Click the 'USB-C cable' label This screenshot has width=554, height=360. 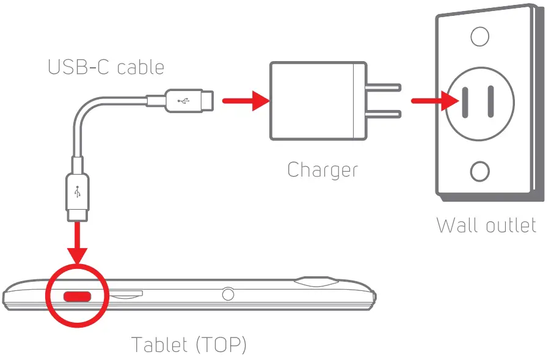[x=106, y=67]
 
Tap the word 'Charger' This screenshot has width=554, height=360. [x=323, y=170]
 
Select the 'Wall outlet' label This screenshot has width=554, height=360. [x=487, y=225]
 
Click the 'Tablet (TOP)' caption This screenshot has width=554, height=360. [x=189, y=345]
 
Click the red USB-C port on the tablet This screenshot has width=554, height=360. [x=78, y=296]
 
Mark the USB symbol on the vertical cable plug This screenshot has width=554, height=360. [x=78, y=192]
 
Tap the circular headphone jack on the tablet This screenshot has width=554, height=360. [x=228, y=295]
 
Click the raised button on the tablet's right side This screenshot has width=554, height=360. [x=316, y=282]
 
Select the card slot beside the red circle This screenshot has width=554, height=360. [x=126, y=294]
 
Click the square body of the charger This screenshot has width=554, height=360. [x=312, y=101]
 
